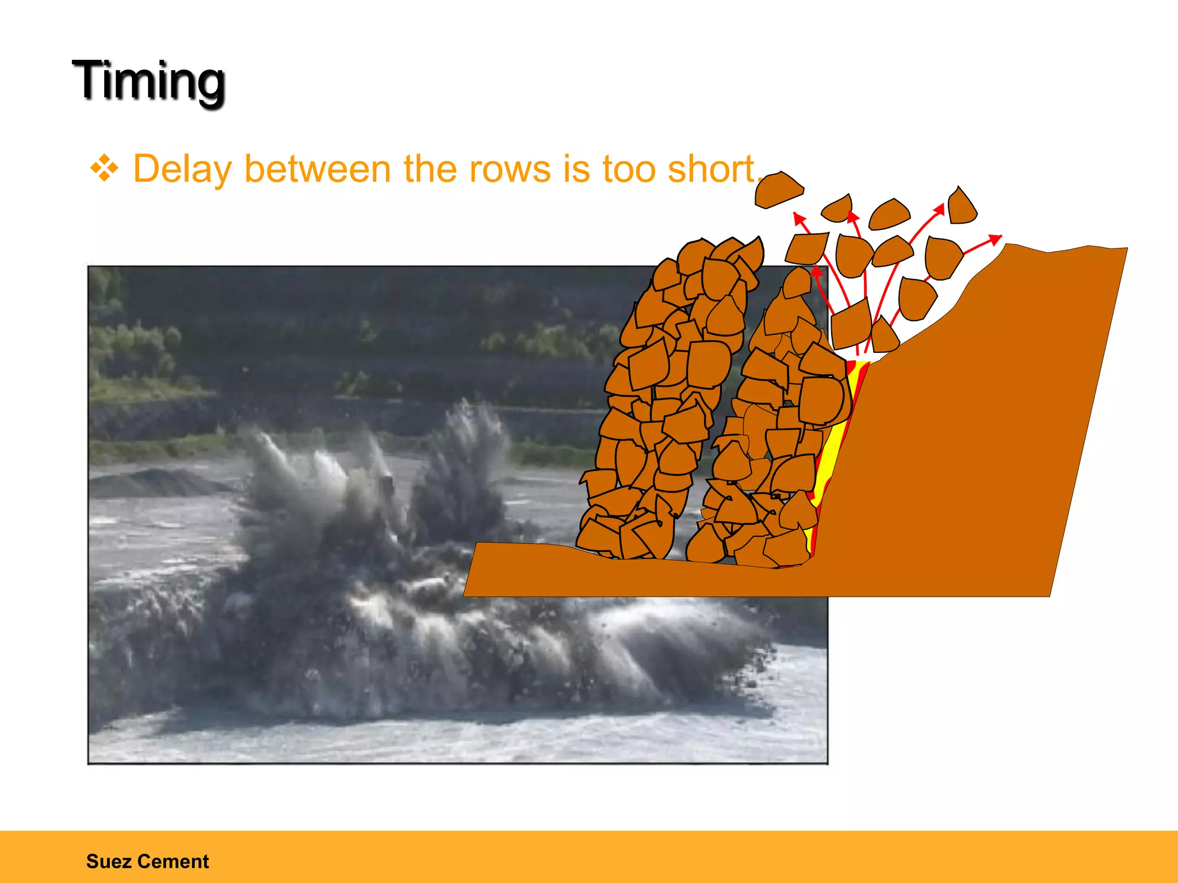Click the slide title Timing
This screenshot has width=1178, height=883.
(148, 82)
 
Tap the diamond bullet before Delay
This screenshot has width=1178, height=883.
(104, 169)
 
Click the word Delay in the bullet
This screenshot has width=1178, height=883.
(182, 169)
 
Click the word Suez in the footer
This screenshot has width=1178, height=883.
(109, 861)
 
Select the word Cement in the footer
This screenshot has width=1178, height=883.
(173, 861)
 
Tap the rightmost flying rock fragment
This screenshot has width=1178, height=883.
(961, 206)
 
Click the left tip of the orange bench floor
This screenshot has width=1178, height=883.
(465, 595)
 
